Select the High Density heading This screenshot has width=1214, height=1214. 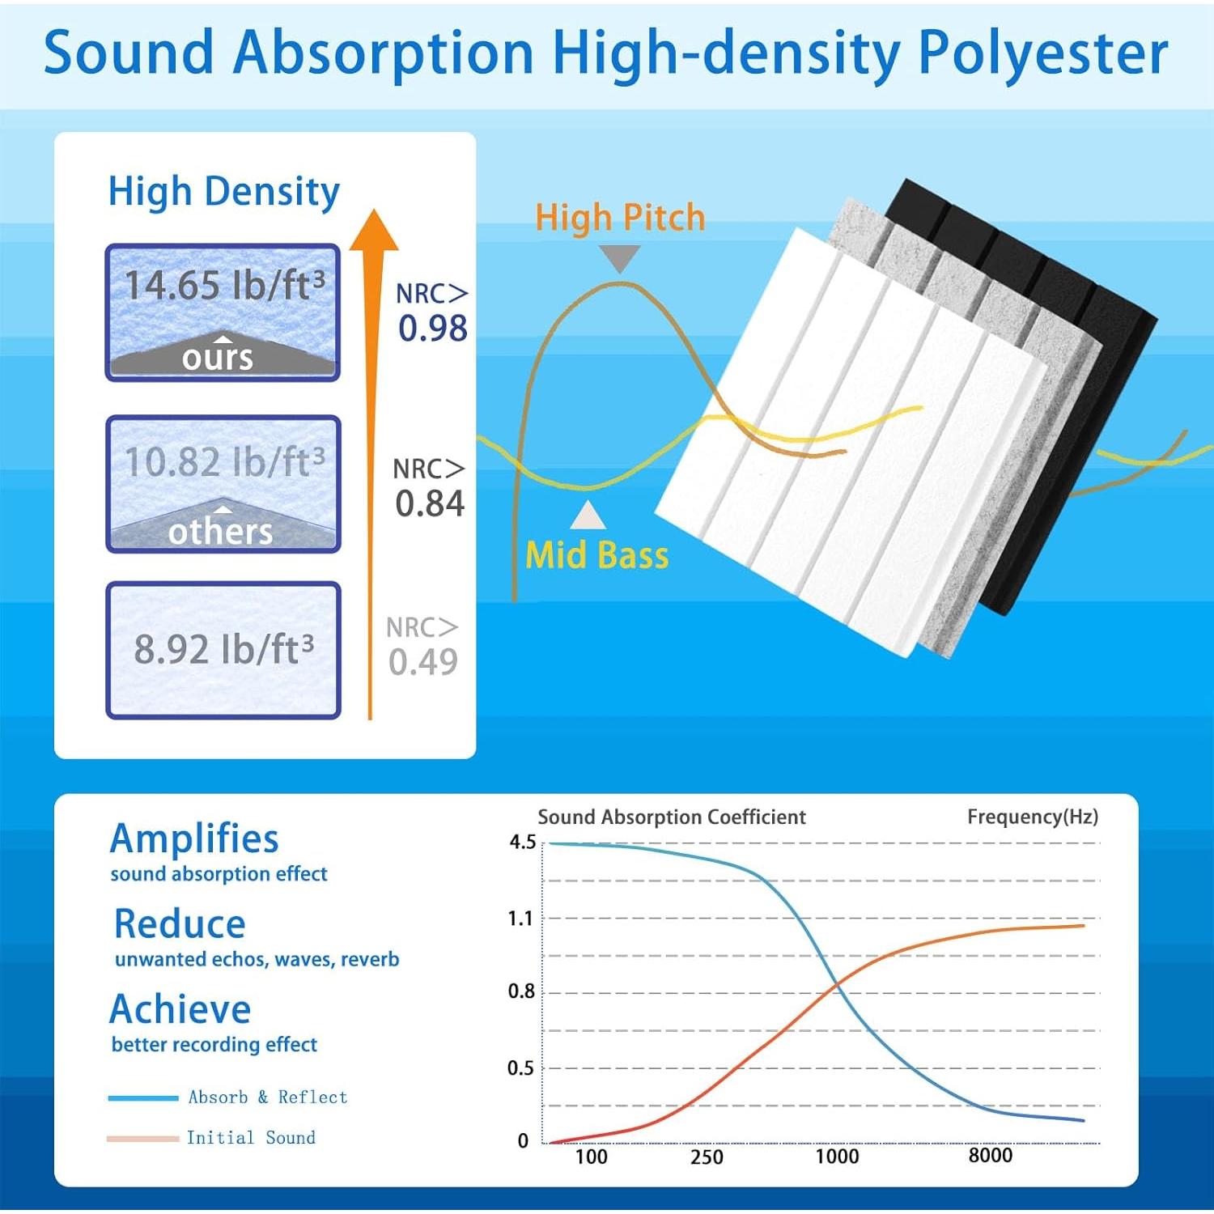224,193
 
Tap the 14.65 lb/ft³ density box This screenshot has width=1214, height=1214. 223,312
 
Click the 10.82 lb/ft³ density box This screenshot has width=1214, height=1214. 223,484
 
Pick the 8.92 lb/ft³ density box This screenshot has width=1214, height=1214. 223,650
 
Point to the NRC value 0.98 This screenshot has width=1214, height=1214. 432,328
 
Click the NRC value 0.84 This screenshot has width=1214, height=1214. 430,503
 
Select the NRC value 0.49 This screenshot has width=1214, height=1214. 422,662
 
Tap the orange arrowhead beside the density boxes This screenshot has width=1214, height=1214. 373,230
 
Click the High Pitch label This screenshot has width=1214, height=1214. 620,218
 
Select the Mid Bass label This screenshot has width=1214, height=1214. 597,555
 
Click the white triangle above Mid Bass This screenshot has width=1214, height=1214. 588,516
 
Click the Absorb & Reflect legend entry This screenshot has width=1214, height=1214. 228,1097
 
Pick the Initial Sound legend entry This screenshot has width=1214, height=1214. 212,1138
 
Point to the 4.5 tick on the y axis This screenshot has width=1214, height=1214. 522,843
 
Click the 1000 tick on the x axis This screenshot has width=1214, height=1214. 837,1157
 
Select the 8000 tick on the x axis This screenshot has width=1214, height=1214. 991,1156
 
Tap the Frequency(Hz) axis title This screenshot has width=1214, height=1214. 1033,817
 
